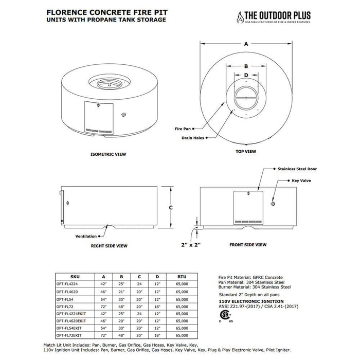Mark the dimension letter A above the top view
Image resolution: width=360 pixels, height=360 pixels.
(246, 45)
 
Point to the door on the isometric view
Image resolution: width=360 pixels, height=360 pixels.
(98, 118)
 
